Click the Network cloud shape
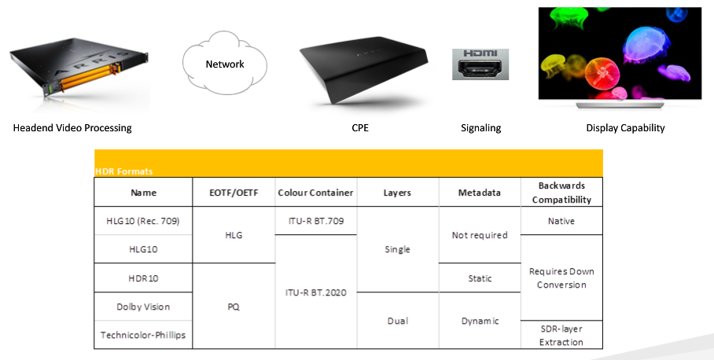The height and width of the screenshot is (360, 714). click(225, 64)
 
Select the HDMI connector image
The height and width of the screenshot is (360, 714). click(480, 64)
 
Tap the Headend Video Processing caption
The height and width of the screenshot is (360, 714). click(72, 128)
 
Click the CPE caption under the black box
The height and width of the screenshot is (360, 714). click(360, 128)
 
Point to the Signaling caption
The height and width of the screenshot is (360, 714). click(480, 128)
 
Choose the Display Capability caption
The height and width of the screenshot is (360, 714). click(625, 128)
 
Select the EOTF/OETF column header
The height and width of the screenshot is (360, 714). click(234, 193)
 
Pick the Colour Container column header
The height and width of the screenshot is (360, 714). click(315, 193)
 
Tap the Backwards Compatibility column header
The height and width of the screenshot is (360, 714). click(561, 193)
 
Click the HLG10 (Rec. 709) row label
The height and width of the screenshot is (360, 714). click(144, 221)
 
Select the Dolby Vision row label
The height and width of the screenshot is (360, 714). click(144, 307)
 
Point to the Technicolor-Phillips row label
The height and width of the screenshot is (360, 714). click(144, 335)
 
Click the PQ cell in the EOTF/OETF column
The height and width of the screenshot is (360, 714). click(234, 307)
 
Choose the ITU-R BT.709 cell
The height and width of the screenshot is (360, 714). click(315, 221)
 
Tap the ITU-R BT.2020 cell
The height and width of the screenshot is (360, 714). click(315, 292)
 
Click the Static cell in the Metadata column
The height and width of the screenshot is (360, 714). click(480, 278)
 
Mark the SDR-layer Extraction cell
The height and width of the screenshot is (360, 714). click(561, 334)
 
